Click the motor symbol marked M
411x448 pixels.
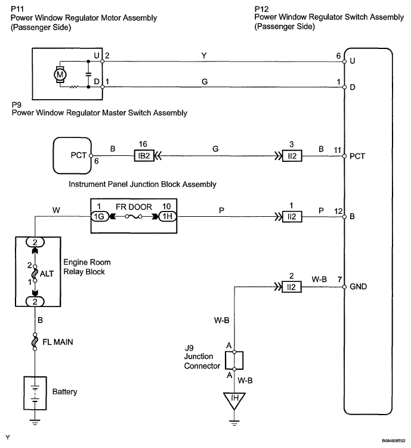pyautogui.click(x=60, y=75)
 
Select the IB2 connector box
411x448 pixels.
pyautogui.click(x=144, y=156)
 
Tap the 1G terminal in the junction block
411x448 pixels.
pyautogui.click(x=100, y=216)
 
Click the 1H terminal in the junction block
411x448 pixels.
pyautogui.click(x=167, y=216)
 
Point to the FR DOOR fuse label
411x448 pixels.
pyautogui.click(x=134, y=207)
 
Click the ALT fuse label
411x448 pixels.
pyautogui.click(x=47, y=274)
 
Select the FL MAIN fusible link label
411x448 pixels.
pyautogui.click(x=58, y=342)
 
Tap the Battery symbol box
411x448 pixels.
pyautogui.click(x=35, y=393)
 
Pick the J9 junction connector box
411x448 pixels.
pyautogui.click(x=234, y=361)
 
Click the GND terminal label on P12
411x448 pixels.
pyautogui.click(x=358, y=286)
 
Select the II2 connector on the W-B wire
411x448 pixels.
pyautogui.click(x=292, y=287)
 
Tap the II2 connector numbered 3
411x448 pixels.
pyautogui.click(x=292, y=156)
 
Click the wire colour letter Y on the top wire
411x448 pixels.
pyautogui.click(x=204, y=56)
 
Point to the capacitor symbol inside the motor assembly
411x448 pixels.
pyautogui.click(x=88, y=74)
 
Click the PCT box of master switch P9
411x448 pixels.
pyautogui.click(x=72, y=156)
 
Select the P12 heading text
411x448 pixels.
pyautogui.click(x=262, y=9)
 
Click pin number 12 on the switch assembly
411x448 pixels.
pyautogui.click(x=338, y=211)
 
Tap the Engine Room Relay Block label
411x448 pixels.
pyautogui.click(x=86, y=267)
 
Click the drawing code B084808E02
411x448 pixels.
pyautogui.click(x=394, y=441)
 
